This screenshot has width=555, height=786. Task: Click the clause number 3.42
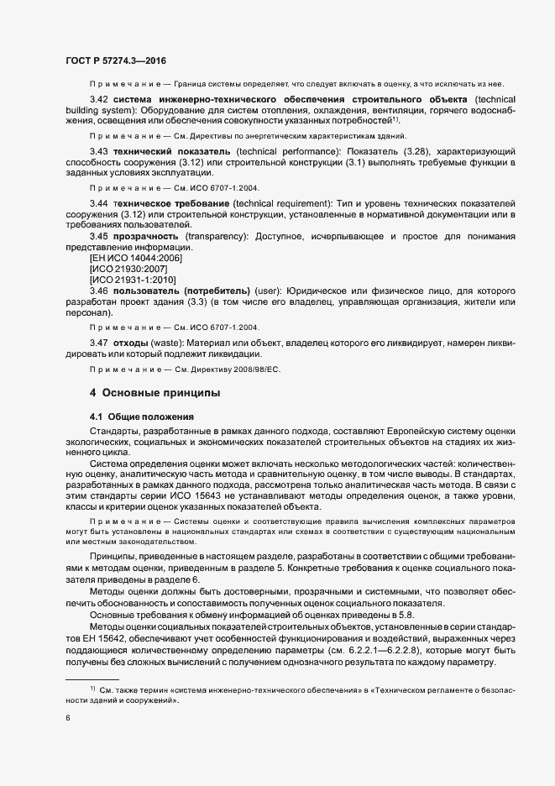click(100, 100)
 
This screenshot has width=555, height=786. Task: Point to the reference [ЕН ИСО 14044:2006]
click(135, 258)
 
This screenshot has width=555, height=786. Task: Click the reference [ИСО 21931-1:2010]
click(133, 280)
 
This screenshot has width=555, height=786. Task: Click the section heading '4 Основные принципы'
click(155, 392)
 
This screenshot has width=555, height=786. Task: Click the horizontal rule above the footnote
click(92, 679)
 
